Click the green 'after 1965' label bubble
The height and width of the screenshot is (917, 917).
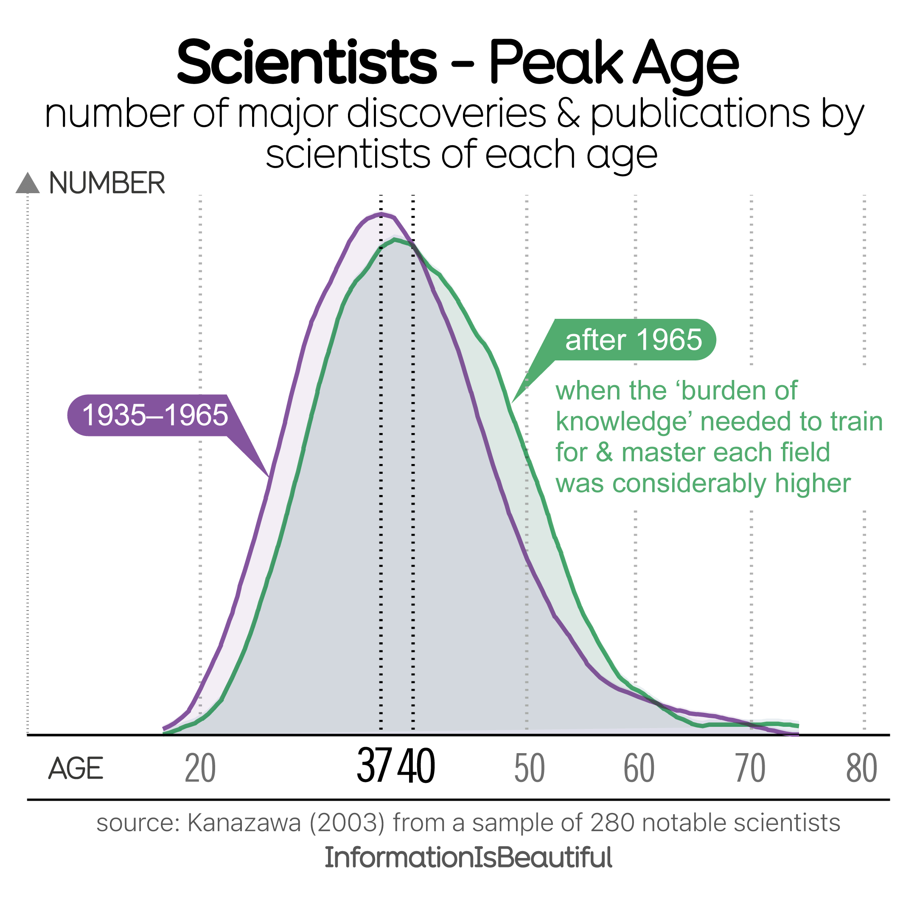pyautogui.click(x=633, y=340)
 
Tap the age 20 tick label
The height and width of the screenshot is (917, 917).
pyautogui.click(x=200, y=768)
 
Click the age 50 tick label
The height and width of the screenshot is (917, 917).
pyautogui.click(x=529, y=768)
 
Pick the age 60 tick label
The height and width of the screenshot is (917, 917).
pyautogui.click(x=639, y=768)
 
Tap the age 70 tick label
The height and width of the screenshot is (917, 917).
pyautogui.click(x=750, y=768)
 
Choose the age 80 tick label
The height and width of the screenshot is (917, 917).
pyautogui.click(x=862, y=768)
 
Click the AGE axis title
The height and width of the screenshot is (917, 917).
pyautogui.click(x=76, y=768)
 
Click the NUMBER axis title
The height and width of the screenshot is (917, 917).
pyautogui.click(x=107, y=183)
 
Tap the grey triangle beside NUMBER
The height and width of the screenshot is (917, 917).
pyautogui.click(x=28, y=183)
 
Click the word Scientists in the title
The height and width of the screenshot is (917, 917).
pyautogui.click(x=307, y=63)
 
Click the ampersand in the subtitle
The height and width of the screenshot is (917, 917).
pyautogui.click(x=569, y=114)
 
